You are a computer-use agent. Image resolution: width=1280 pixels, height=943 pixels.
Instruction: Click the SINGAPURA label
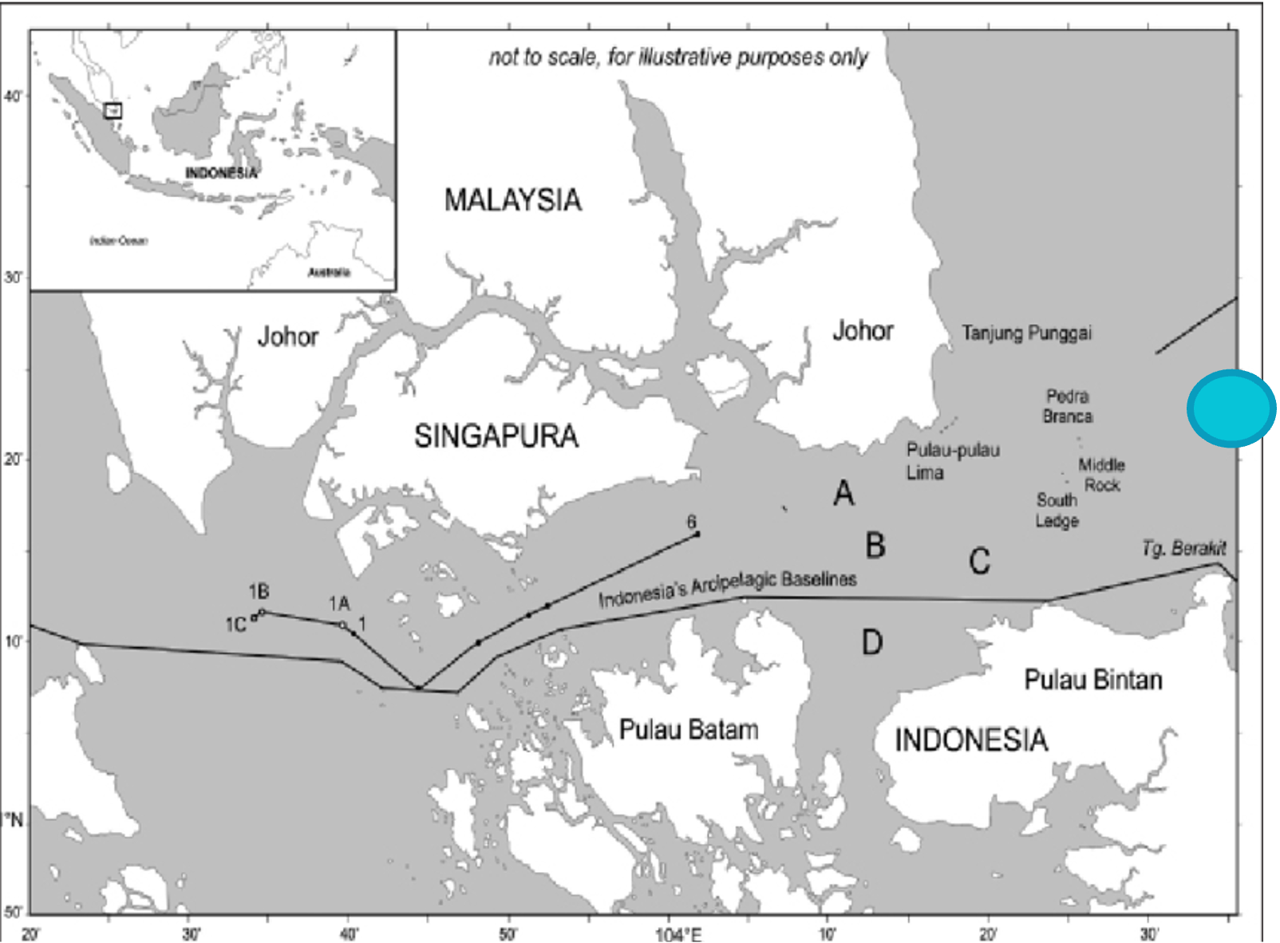coord(496,436)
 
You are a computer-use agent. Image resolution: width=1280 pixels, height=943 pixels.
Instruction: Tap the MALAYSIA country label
coord(512,200)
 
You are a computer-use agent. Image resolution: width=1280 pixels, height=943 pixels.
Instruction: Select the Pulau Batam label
coord(689,729)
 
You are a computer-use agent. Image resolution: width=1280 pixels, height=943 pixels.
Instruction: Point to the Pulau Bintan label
coord(1092,680)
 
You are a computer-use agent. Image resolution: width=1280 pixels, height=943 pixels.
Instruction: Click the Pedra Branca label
coord(1068,406)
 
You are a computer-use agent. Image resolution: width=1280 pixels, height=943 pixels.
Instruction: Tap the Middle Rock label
coord(1101,475)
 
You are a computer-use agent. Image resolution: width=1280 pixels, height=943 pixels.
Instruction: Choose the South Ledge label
coord(1057,510)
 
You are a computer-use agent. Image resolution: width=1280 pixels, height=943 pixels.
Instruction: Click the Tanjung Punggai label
coord(1026,333)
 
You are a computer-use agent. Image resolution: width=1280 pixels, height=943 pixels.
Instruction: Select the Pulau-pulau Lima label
coord(952,460)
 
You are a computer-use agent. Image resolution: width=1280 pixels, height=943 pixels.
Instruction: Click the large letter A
coord(843,493)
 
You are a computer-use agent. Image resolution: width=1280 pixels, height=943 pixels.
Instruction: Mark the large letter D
coord(871,642)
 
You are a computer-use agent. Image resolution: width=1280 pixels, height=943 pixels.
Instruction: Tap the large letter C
coord(979,562)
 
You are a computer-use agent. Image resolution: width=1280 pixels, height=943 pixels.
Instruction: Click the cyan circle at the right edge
coord(1231,408)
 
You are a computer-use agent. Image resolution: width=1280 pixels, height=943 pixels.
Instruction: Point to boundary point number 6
coord(692,523)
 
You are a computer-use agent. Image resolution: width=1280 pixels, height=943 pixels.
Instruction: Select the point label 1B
coord(259,592)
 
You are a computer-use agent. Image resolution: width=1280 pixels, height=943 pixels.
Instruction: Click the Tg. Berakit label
coord(1183,548)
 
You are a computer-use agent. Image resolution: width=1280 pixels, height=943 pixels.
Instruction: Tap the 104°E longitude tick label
coord(678,933)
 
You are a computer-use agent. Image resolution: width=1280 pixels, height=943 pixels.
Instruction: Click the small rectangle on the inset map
coord(113,111)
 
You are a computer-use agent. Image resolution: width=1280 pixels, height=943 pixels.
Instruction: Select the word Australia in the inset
coord(329,273)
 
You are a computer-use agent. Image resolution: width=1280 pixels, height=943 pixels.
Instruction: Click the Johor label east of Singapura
coord(863,330)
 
